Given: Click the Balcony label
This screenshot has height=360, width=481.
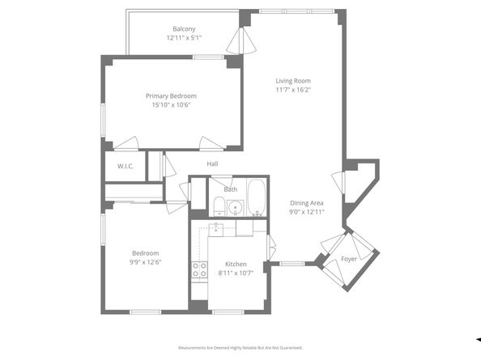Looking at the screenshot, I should [x=183, y=29].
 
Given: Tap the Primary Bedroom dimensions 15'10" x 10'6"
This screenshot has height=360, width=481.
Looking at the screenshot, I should [x=171, y=105].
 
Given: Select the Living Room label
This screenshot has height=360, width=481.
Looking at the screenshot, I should [x=292, y=81].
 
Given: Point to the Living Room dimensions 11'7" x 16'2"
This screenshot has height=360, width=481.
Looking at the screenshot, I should [x=292, y=90].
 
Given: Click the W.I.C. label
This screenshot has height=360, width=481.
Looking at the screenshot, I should [x=125, y=167].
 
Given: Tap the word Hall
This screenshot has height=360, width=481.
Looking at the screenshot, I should [x=212, y=164].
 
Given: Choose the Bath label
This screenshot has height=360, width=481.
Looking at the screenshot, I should [x=231, y=189].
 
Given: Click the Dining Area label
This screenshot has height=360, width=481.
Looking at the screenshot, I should [x=307, y=203].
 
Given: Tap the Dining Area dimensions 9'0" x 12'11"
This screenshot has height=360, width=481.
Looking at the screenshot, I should [x=307, y=212].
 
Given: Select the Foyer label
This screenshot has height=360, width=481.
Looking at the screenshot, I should [x=348, y=259].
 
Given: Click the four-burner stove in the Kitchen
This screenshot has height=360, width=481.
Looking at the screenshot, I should [x=198, y=270].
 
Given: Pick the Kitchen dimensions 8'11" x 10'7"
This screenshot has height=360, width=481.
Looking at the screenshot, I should [x=236, y=273].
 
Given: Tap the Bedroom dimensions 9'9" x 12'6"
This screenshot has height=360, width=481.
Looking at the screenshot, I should [x=146, y=262].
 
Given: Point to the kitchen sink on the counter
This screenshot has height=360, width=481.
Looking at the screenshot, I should [x=217, y=229].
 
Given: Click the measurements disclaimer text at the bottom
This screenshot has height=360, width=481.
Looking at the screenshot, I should [x=240, y=348].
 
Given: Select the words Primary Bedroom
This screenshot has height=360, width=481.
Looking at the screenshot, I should [x=171, y=95].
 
